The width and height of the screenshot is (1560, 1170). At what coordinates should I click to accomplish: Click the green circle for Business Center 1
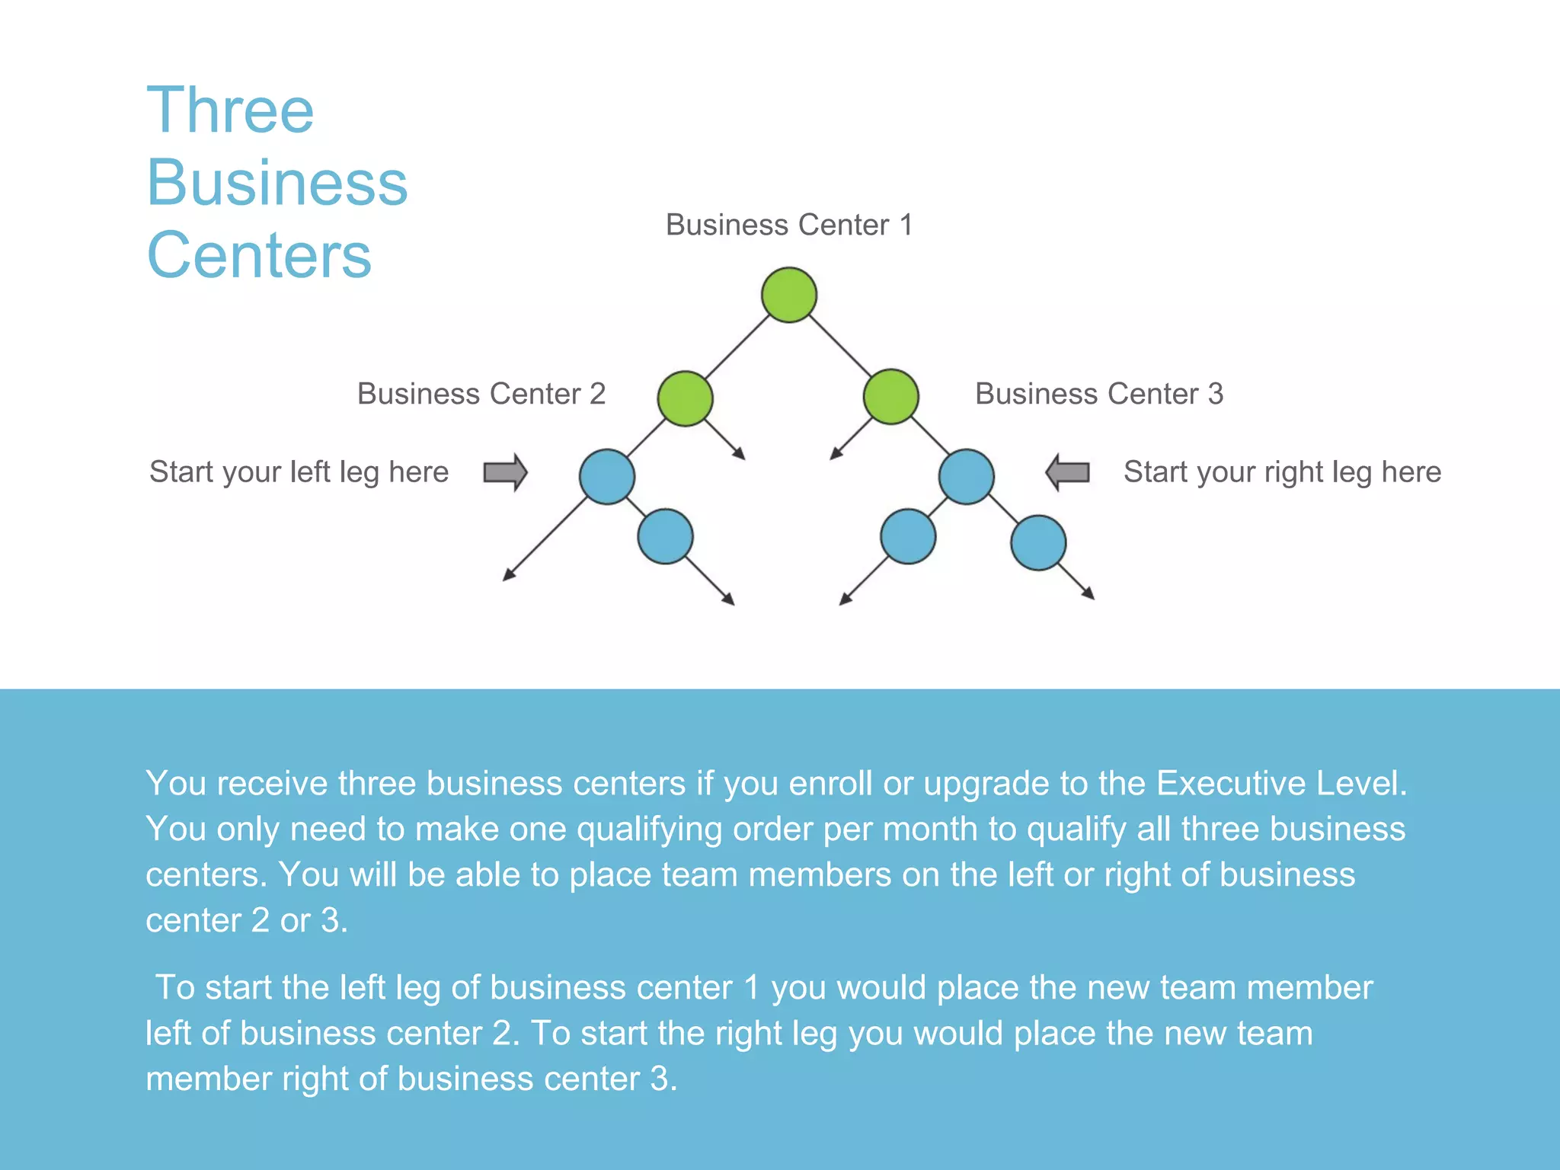[x=789, y=295]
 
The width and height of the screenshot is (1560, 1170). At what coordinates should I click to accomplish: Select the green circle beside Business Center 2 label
[x=685, y=398]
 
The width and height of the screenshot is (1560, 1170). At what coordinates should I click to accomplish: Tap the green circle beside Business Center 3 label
[x=890, y=397]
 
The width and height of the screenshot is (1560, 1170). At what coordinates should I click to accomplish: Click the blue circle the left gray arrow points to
[x=607, y=477]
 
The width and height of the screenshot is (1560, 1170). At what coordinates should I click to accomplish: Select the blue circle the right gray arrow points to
[x=966, y=477]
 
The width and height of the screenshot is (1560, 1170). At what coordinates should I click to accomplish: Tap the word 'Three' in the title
[x=230, y=111]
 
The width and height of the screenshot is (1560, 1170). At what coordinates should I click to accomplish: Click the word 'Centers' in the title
[x=259, y=255]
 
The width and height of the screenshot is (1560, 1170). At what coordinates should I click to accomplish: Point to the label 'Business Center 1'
[x=789, y=225]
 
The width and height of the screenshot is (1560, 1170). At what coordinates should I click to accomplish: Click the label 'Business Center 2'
[x=481, y=395]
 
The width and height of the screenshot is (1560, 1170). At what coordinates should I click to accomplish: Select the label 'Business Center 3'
[x=1099, y=395]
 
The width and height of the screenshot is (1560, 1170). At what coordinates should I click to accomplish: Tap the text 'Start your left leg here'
[x=299, y=472]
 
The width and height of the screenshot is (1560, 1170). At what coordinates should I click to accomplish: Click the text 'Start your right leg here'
[x=1282, y=472]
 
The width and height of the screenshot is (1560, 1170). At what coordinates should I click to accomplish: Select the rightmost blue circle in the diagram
[x=1038, y=543]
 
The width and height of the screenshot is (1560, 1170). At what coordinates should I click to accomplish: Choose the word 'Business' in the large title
[x=277, y=184]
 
